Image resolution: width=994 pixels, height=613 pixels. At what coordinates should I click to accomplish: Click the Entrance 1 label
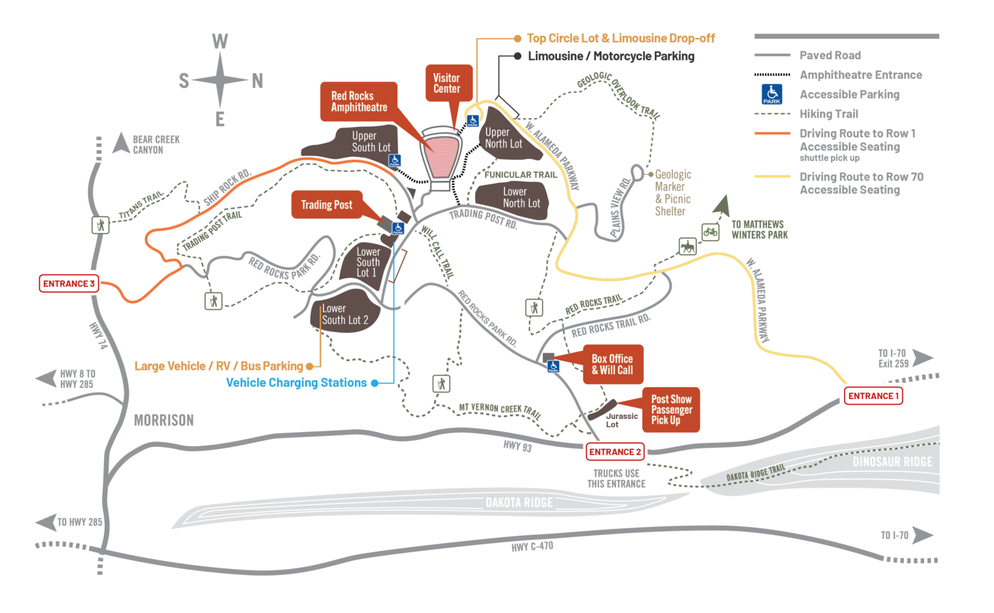[x=873, y=396]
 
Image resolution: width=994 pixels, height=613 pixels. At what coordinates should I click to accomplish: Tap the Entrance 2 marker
[x=615, y=452]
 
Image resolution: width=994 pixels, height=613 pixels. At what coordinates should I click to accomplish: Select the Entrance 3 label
[x=69, y=283]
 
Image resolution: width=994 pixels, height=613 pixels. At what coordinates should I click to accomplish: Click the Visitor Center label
[x=447, y=83]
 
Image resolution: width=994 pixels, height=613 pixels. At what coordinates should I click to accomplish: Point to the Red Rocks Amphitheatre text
[x=359, y=102]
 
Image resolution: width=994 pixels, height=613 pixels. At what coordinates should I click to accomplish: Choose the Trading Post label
[x=327, y=205]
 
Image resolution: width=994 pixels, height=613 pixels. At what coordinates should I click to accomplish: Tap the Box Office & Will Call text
[x=612, y=365]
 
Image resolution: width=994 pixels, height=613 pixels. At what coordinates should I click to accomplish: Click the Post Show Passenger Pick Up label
[x=671, y=409]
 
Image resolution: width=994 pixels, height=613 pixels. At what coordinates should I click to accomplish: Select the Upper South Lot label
[x=371, y=142]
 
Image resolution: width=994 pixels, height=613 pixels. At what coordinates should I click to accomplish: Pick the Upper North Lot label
[x=503, y=138]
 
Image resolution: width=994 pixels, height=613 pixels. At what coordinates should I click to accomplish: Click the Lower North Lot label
[x=521, y=197]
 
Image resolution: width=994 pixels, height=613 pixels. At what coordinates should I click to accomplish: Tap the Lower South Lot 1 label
[x=368, y=262]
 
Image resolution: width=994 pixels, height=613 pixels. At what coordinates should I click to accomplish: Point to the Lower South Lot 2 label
[x=345, y=314]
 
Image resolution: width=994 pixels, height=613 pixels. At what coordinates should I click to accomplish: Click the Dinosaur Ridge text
[x=892, y=462]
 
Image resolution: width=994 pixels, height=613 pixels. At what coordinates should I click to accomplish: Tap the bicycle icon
[x=710, y=231]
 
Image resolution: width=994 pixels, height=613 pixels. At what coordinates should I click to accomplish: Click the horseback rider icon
[x=687, y=246]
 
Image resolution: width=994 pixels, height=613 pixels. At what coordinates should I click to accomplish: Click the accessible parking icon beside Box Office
[x=553, y=367]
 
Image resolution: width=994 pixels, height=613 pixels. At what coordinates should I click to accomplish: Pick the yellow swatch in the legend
[x=777, y=184]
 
